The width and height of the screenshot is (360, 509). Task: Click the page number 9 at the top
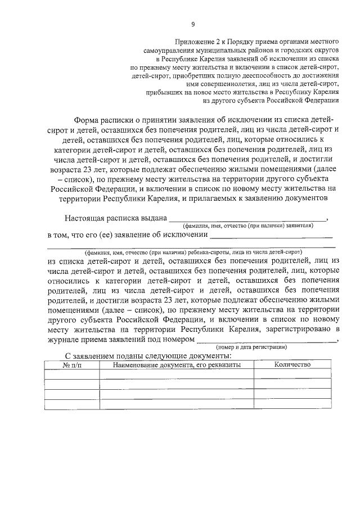(192, 24)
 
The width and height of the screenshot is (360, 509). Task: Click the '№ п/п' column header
(71, 365)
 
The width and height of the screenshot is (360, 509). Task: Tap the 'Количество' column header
(292, 365)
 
